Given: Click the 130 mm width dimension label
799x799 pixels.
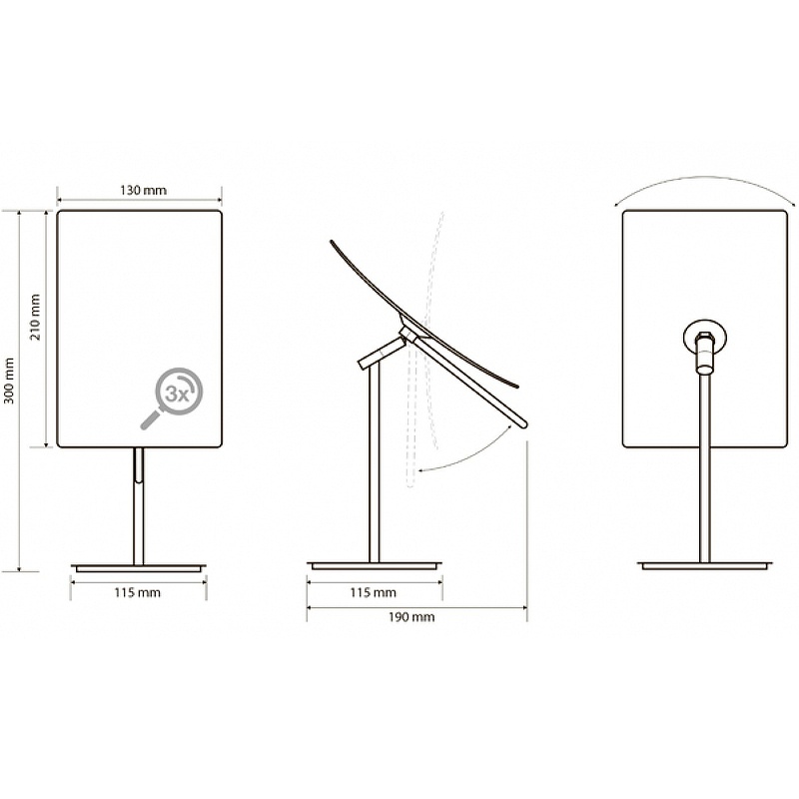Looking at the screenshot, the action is [143, 191].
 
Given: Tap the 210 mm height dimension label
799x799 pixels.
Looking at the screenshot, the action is [35, 317].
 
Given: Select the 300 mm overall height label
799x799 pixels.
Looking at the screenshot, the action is [9, 381].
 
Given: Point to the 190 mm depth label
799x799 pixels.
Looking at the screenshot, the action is [411, 617].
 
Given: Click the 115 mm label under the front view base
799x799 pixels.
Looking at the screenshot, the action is [138, 592].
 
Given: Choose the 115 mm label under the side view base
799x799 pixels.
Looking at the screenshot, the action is [373, 592].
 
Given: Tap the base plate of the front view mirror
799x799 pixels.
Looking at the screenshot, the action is [139, 567].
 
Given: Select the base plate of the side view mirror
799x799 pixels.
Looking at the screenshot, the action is [375, 565].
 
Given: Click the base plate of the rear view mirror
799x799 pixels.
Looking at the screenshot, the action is [705, 565].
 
